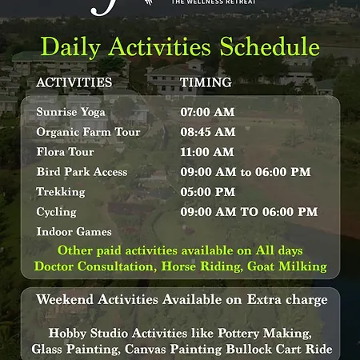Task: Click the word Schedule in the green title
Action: click(270, 46)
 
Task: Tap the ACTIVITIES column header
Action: click(74, 82)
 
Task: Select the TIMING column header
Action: click(206, 82)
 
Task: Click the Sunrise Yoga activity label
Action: click(70, 112)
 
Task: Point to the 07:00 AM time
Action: click(207, 112)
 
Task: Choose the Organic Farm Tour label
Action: click(88, 132)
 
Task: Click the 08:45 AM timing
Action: click(208, 132)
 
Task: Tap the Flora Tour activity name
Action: click(65, 152)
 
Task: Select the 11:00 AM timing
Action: click(207, 152)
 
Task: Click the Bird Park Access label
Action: click(82, 172)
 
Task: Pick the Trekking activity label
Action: click(61, 192)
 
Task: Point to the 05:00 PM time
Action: click(208, 192)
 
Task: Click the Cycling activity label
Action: click(56, 212)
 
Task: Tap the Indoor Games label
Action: click(74, 232)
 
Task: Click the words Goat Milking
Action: click(287, 266)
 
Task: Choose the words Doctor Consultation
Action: click(95, 266)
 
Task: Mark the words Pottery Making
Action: click(265, 334)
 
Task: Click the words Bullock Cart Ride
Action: click(279, 349)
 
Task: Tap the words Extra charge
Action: click(287, 299)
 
